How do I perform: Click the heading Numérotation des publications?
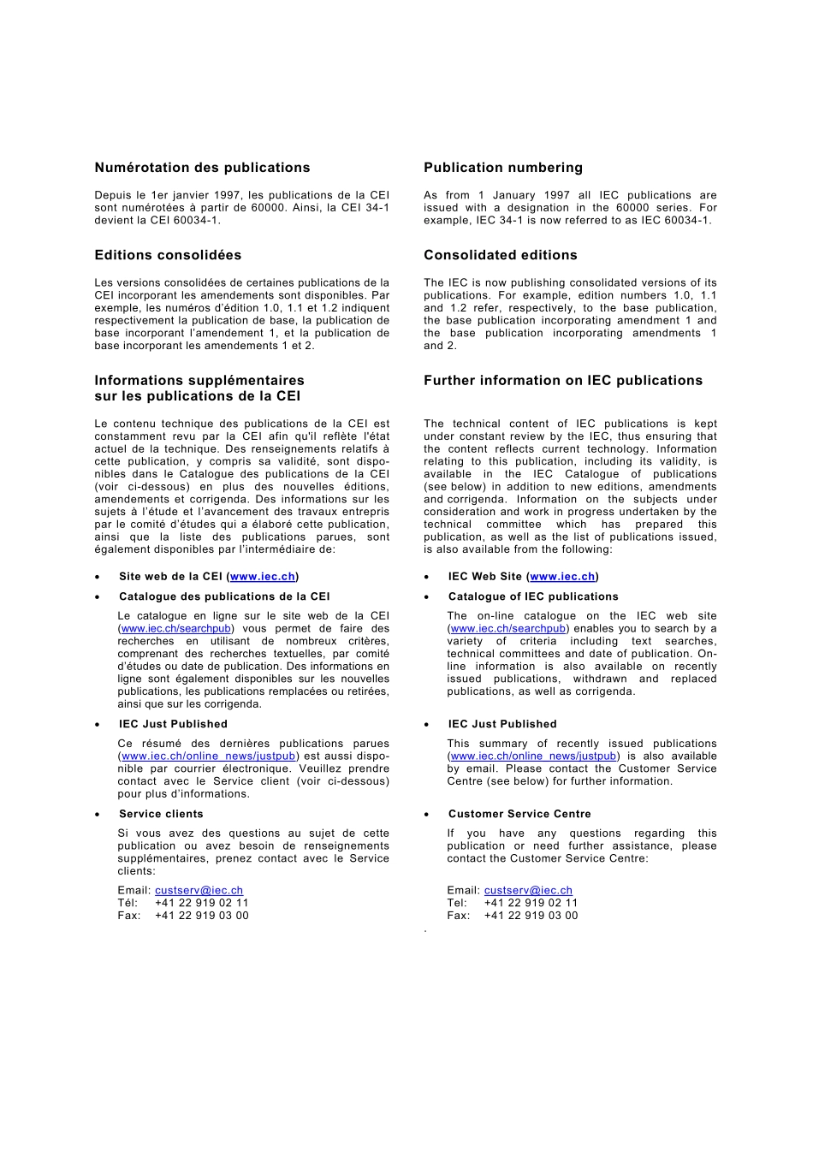(x=202, y=168)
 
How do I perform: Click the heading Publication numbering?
(x=502, y=168)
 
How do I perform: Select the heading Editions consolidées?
(x=168, y=255)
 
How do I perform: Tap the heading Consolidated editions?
(x=500, y=255)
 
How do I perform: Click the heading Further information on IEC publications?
(x=562, y=381)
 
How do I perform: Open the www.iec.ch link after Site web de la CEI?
(x=262, y=577)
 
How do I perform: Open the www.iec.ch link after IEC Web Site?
(x=562, y=577)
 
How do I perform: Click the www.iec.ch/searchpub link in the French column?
(x=175, y=629)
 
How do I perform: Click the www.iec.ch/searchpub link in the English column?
(x=507, y=629)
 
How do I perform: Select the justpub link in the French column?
(x=208, y=756)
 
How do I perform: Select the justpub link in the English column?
(x=533, y=756)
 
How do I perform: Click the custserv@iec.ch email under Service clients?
(x=199, y=891)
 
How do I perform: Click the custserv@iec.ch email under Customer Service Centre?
(x=528, y=891)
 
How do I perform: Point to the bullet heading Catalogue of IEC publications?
(x=532, y=596)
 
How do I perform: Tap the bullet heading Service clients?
(x=161, y=814)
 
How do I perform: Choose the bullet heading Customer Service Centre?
(x=519, y=814)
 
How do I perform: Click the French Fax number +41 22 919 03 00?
(x=201, y=916)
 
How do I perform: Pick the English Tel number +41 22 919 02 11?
(x=531, y=903)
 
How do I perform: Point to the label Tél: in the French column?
(x=128, y=903)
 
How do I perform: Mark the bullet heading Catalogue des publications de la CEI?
(x=223, y=596)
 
